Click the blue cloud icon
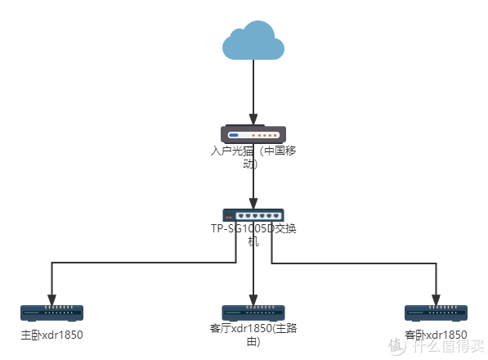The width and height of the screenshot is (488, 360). tap(253, 41)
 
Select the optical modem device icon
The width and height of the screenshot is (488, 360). tap(253, 134)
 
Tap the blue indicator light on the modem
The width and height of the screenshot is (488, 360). tap(234, 135)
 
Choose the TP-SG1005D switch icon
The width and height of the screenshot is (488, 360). tap(253, 216)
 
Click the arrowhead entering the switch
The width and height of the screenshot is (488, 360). tap(253, 204)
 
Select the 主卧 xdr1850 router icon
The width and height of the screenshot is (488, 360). tap(51, 313)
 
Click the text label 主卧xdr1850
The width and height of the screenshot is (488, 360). tap(51, 335)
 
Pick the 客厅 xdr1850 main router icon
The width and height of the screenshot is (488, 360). tap(253, 313)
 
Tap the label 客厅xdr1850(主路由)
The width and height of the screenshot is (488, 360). tap(253, 335)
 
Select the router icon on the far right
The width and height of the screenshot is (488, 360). tap(436, 313)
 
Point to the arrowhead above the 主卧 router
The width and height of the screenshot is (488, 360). tap(51, 299)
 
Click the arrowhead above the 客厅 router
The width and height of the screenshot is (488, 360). tap(253, 299)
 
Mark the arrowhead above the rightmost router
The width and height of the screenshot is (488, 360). tap(436, 299)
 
